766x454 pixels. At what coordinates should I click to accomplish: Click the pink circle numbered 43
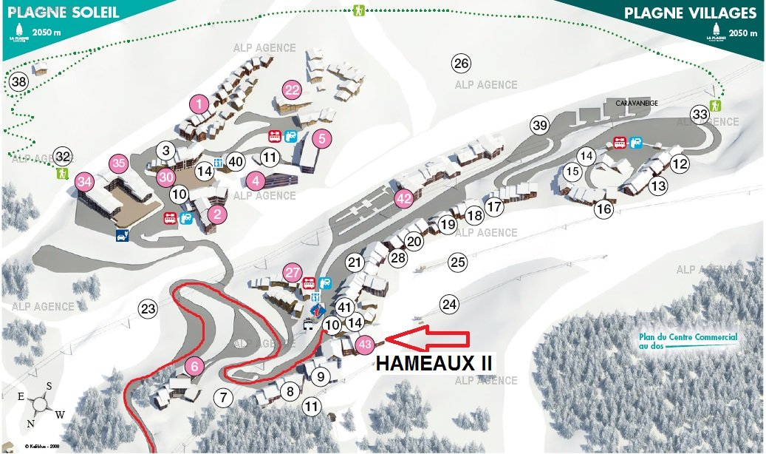click(364, 344)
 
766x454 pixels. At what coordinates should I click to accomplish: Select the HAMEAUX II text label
click(434, 364)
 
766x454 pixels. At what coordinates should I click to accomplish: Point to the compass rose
click(40, 404)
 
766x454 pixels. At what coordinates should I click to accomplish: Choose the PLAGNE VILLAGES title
click(690, 13)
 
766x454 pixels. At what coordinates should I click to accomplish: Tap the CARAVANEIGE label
click(637, 104)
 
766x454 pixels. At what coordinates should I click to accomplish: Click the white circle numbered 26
click(462, 63)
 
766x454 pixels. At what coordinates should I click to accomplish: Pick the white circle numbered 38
click(19, 81)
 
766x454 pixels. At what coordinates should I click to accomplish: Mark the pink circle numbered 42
click(403, 198)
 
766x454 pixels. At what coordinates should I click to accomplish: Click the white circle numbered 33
click(700, 114)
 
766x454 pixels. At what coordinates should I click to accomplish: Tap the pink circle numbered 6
click(194, 365)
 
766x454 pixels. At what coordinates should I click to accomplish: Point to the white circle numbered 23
click(148, 308)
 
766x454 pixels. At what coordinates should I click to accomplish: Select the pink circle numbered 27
click(293, 272)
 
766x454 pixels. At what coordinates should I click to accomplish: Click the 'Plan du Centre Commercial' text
click(688, 341)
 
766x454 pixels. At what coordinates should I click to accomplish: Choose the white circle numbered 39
click(540, 125)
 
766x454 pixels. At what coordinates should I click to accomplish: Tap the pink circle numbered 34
click(85, 180)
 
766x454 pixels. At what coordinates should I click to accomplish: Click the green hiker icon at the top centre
click(359, 10)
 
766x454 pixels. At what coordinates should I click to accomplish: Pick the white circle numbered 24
click(449, 303)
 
